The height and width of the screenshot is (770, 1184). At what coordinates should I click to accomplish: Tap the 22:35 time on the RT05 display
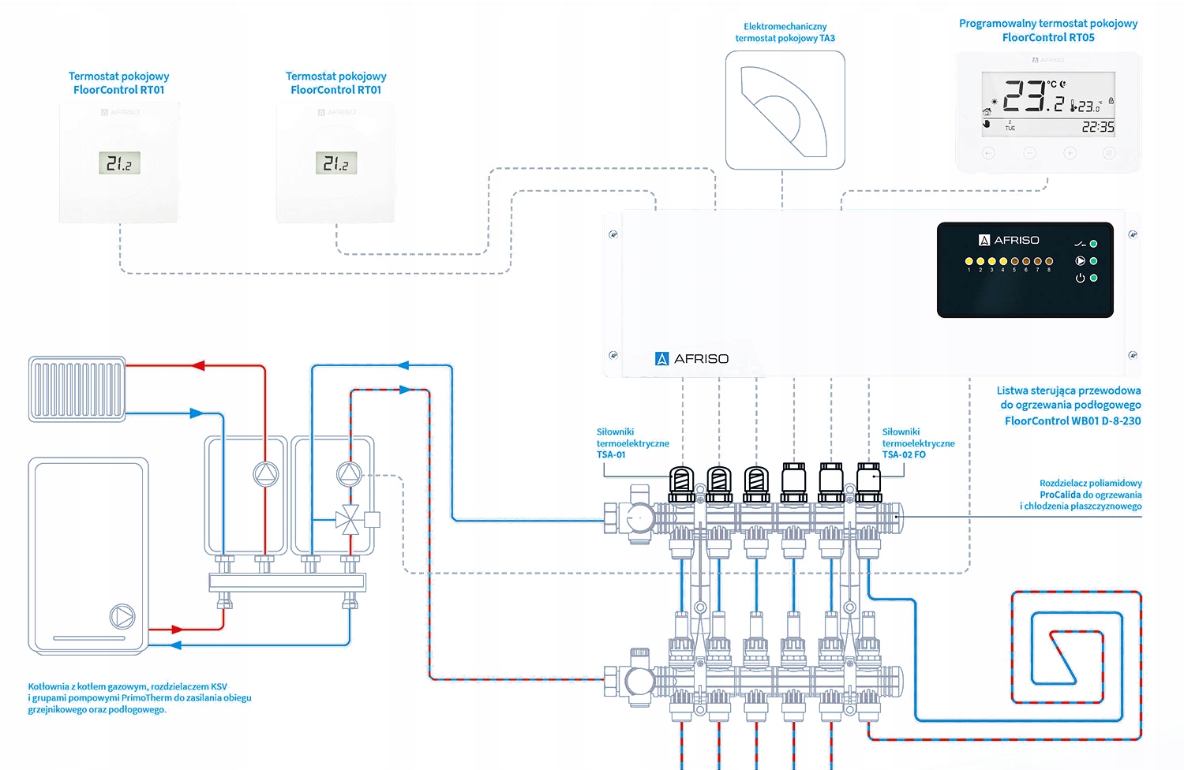point(1097,127)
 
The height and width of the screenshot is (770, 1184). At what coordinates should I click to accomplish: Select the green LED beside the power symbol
point(1093,278)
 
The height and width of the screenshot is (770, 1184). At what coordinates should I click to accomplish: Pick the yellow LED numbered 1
point(969,261)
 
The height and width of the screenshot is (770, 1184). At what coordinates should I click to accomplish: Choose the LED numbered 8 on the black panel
point(1049,261)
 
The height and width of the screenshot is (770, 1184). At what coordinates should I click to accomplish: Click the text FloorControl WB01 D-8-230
point(1072,421)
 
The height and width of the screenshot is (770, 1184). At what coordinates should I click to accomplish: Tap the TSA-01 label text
point(611,454)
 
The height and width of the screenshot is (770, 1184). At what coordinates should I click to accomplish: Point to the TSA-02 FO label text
point(904,454)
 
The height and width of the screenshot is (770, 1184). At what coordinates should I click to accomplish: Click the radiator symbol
point(77,389)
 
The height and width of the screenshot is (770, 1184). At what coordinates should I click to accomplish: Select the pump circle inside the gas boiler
point(122,616)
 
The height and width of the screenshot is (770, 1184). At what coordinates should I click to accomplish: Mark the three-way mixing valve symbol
point(347,520)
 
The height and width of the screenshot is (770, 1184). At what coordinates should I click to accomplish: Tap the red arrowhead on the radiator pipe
point(198,365)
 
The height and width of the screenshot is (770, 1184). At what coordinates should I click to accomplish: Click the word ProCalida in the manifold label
point(1060,495)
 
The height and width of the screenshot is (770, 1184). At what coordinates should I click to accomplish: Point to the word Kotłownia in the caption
point(49,686)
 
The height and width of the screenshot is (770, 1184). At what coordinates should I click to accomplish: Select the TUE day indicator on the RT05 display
point(1010,128)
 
